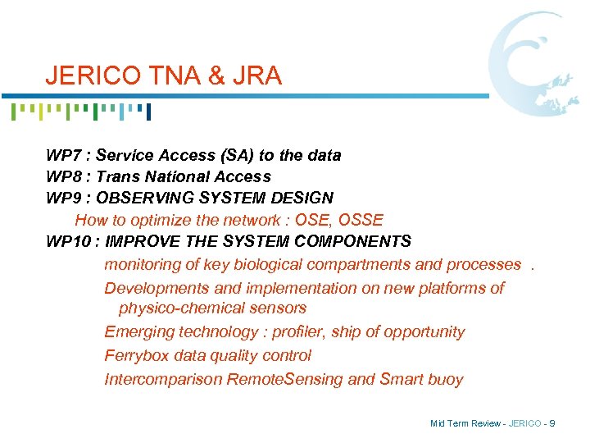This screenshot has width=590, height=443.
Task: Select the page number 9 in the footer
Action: (x=552, y=423)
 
